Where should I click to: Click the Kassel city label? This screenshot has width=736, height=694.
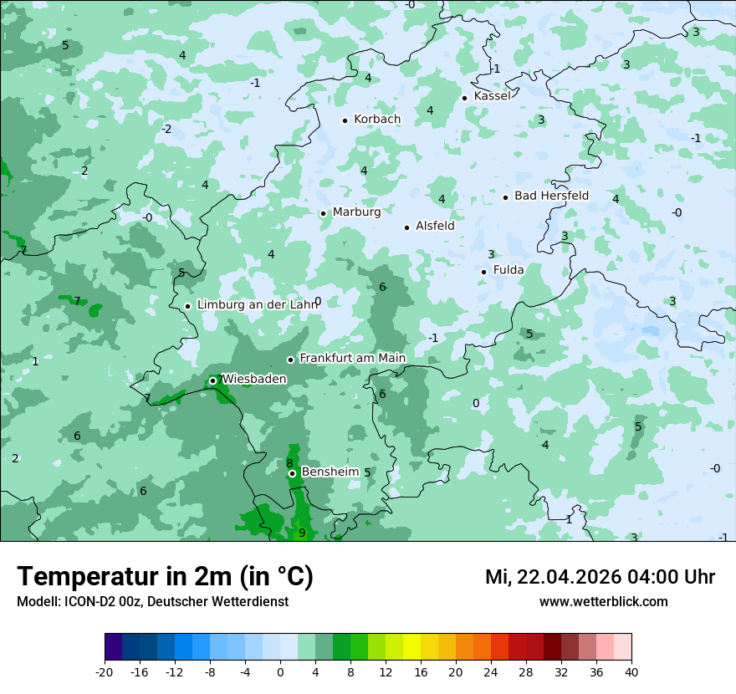[492, 96]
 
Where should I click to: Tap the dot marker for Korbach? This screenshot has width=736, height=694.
[345, 120]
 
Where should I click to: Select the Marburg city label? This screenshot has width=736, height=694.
[356, 212]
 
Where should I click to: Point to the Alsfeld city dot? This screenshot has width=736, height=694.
[406, 227]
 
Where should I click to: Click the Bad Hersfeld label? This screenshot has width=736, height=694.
[551, 196]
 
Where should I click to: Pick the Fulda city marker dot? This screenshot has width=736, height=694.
[483, 272]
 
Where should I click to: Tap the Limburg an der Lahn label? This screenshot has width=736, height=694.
[257, 305]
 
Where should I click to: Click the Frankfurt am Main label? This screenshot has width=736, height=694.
[352, 359]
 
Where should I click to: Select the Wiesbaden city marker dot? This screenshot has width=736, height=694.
[212, 380]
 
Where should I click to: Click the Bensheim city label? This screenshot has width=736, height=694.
[330, 472]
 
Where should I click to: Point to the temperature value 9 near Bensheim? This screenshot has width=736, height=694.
[302, 533]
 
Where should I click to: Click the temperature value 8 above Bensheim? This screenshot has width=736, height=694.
[289, 463]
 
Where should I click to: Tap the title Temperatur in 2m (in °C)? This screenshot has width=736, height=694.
[165, 577]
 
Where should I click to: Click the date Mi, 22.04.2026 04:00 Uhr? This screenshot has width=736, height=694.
[600, 577]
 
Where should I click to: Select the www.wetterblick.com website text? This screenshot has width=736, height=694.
[603, 602]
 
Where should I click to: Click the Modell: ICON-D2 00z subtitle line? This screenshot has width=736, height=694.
[152, 602]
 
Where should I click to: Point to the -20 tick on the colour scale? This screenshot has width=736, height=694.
[105, 671]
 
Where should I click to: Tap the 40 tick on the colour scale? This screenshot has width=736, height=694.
[631, 671]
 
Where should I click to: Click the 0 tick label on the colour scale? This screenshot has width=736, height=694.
[280, 671]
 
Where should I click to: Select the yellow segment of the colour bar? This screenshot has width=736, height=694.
[411, 647]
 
